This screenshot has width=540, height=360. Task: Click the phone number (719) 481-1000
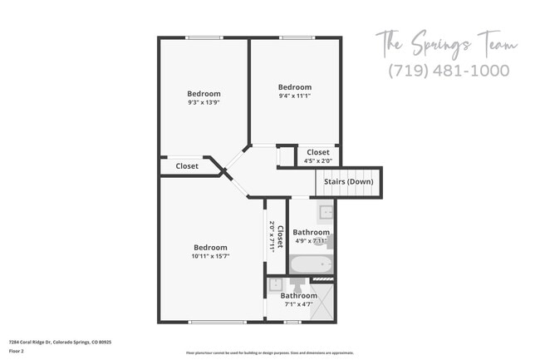448,71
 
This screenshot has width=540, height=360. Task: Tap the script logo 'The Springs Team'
446,42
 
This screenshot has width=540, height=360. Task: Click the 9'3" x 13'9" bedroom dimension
204,103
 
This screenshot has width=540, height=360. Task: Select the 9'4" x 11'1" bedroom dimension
295,96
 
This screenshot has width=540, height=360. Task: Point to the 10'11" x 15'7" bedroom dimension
210,256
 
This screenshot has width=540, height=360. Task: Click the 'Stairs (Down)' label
347,181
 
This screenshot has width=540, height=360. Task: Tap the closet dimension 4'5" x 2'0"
318,161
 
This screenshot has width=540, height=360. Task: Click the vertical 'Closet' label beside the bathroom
280,237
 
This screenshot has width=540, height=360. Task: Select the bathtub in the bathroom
311,266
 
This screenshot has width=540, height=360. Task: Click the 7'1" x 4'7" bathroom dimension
298,305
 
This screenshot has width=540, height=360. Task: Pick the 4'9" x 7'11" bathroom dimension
312,241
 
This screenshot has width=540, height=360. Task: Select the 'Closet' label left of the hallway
187,166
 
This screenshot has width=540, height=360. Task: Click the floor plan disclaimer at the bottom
269,353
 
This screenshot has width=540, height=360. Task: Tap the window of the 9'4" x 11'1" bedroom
295,37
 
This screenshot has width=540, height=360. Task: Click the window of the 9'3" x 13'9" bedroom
204,37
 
